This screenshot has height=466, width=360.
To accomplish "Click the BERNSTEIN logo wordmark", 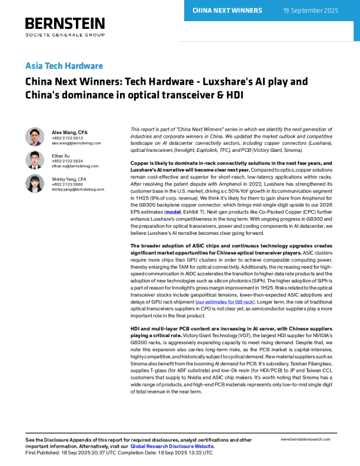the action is coord(65,24).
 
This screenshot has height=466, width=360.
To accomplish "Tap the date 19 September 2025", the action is coord(311,11).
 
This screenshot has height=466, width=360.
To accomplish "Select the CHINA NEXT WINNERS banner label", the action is coord(227,11).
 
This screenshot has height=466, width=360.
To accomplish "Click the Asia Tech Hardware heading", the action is coord(64,66).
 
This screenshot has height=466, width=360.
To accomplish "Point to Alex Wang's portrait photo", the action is coord(35,137).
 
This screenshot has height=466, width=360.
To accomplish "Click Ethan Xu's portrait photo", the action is coord(35,160).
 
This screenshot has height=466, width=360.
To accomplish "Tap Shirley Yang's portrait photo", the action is coord(35,184).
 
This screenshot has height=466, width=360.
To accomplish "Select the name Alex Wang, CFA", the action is coord(70,132).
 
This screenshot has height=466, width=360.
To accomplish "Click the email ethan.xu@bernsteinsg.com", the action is coord(75,166).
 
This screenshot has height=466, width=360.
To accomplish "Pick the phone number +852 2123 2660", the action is coord(68,184).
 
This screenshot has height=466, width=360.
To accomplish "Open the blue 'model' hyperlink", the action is coord(173,212).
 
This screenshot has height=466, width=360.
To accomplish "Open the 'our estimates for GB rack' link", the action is coord(225,302).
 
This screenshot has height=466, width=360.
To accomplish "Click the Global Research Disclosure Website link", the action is coord(172,447).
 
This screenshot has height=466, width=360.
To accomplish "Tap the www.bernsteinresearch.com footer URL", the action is coord(306,440).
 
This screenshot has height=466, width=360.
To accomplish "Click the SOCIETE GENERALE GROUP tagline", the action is coord(65,35).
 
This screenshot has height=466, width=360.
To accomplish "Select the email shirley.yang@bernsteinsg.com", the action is coord(78,189).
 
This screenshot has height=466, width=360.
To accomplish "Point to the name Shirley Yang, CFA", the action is coord(69,179).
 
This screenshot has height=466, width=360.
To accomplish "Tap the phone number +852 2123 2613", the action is coord(68,138).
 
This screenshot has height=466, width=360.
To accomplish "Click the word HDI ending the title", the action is coord(235,95).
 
